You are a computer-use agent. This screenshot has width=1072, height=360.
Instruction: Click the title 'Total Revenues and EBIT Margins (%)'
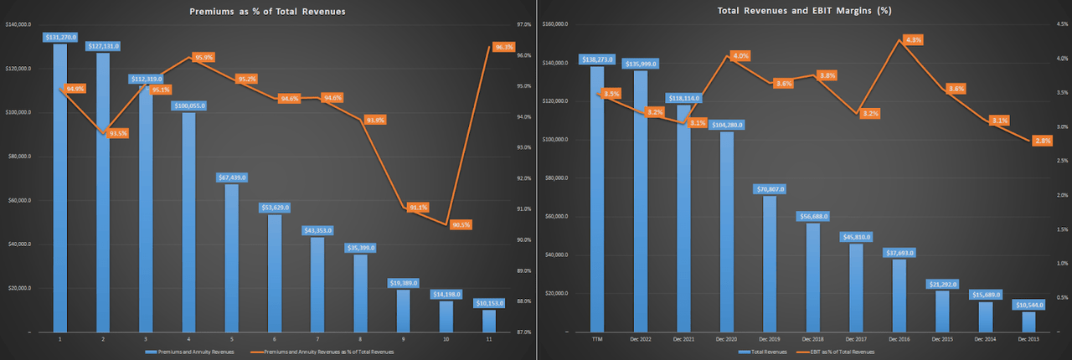tap(802, 11)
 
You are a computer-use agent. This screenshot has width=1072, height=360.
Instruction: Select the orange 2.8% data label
tap(1043, 141)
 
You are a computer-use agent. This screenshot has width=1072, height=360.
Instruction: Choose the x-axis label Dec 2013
tap(1028, 339)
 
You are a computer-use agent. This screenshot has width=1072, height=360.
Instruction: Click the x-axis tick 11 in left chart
tap(489, 339)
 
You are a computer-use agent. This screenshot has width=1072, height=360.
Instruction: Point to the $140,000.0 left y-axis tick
tap(18, 24)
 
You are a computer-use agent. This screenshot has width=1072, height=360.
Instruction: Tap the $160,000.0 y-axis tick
tap(556, 24)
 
